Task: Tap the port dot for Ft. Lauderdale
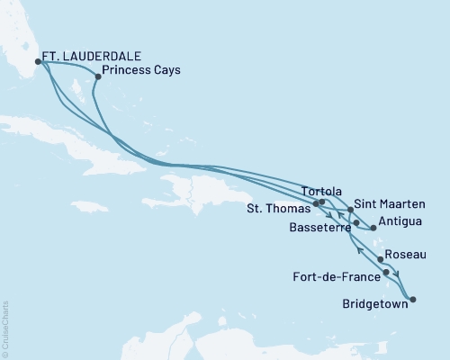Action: point(38,62)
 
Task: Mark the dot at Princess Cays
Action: point(97,76)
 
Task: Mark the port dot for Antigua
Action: point(373,228)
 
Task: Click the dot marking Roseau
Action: point(380,259)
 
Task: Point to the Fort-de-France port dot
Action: point(385,272)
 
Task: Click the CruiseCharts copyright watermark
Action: point(5,328)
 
